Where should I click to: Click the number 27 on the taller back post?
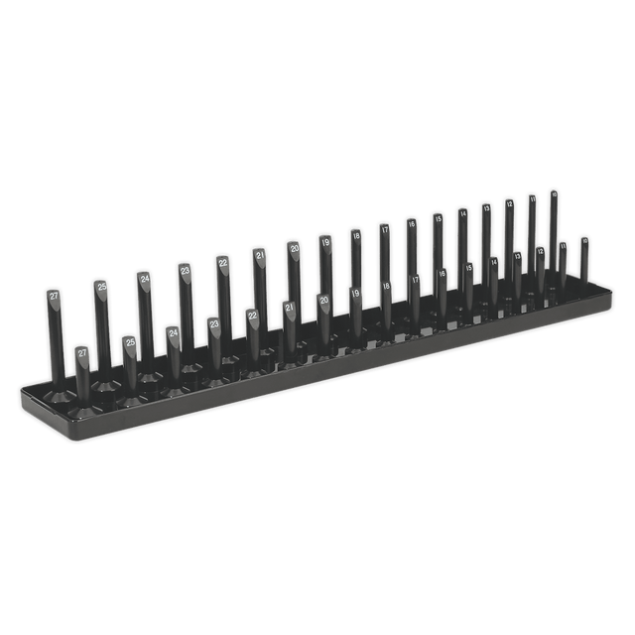click(x=54, y=297)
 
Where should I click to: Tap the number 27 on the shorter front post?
click(x=82, y=353)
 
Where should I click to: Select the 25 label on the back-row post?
click(x=102, y=287)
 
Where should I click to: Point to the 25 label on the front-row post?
click(x=130, y=343)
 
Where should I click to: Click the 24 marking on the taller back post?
click(x=145, y=279)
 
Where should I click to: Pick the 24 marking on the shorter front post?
click(x=174, y=333)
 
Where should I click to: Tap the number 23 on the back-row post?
click(x=185, y=270)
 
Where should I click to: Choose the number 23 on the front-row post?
click(x=214, y=323)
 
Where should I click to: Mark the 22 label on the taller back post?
click(x=224, y=262)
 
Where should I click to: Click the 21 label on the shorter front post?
click(x=290, y=308)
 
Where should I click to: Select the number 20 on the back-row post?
click(x=295, y=247)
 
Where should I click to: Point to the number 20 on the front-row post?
click(x=324, y=299)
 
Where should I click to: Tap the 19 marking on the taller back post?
click(x=325, y=240)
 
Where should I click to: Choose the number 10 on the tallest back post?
click(x=554, y=194)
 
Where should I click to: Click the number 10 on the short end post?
click(x=584, y=240)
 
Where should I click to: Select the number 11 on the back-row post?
click(x=533, y=199)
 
